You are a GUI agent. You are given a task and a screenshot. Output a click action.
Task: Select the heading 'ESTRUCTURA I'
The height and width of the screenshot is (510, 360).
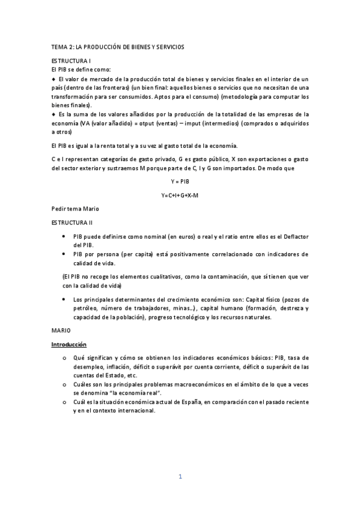[71, 61]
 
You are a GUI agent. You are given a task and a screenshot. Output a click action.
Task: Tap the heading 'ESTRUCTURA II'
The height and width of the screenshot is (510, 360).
[72, 223]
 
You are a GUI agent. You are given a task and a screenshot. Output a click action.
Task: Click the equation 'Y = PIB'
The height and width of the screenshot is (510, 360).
[180, 181]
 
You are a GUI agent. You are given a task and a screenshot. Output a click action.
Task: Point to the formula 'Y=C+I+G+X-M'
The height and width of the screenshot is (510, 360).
[180, 195]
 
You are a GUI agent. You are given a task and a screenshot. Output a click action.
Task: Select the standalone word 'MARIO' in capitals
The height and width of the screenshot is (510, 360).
[61, 330]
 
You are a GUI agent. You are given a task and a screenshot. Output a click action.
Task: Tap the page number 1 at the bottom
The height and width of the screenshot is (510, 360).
[180, 477]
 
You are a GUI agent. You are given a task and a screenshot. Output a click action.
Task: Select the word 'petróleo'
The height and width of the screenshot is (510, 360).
[87, 309]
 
